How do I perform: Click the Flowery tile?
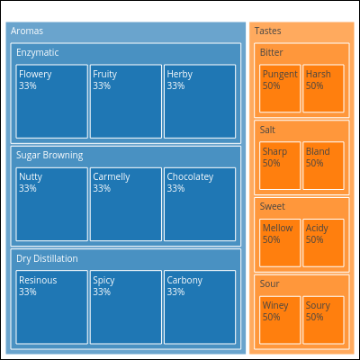(52, 102)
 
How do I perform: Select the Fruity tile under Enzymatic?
(126, 102)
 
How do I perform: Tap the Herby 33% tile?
(200, 102)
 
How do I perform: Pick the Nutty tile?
(52, 204)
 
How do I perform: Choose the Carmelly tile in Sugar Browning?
(126, 204)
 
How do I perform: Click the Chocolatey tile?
(200, 204)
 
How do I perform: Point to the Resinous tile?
(52, 307)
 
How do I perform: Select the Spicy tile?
(126, 307)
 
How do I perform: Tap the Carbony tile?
(200, 307)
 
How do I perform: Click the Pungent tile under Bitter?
(280, 88)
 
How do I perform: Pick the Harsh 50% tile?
(323, 88)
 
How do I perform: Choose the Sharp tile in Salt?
(280, 166)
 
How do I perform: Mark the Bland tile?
(323, 166)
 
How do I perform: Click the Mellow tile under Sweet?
(280, 243)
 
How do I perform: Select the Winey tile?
(280, 320)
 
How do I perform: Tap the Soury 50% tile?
(323, 320)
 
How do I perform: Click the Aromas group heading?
(27, 31)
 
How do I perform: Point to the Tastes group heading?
(268, 31)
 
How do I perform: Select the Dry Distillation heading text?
(47, 258)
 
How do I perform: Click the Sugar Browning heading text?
(49, 156)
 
